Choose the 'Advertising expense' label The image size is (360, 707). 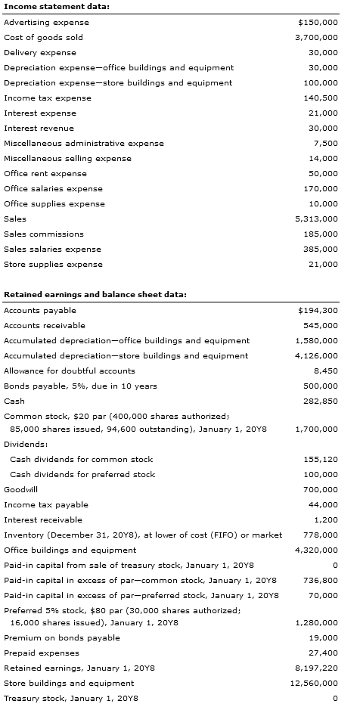coord(46,22)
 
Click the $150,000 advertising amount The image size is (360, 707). coord(318,22)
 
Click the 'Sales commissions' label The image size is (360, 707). coord(44,234)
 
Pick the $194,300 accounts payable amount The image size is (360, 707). coord(318,310)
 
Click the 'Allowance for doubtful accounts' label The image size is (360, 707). coord(70,371)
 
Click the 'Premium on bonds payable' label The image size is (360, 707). coord(62,637)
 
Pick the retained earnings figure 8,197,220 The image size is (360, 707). coord(316,668)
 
